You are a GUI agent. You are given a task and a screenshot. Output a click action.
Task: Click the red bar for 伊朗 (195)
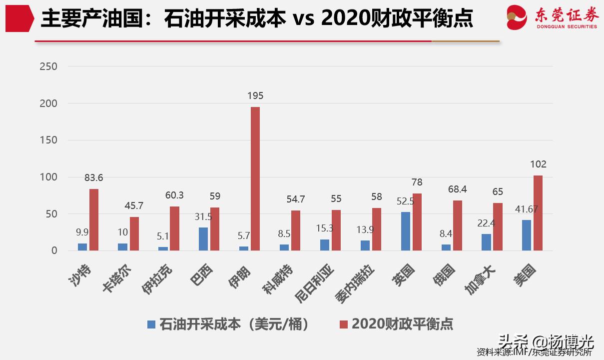tap(255, 178)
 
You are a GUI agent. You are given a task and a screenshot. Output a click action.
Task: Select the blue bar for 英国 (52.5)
tap(405, 231)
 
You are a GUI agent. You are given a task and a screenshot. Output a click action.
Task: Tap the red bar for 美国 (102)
tap(538, 213)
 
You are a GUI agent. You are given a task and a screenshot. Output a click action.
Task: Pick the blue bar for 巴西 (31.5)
tap(203, 239)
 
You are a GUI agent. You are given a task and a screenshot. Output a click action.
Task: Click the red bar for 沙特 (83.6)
tap(94, 219)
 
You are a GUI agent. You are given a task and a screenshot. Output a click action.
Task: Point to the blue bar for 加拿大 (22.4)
tap(486, 242)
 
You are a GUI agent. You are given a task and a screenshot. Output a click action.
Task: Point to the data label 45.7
tap(134, 205)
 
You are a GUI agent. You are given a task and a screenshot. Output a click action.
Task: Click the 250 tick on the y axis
tap(48, 66)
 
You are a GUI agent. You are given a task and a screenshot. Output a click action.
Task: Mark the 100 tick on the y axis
tap(48, 177)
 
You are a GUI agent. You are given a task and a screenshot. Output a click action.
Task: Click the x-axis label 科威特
tap(278, 280)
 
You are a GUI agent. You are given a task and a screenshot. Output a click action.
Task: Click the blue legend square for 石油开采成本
tap(151, 324)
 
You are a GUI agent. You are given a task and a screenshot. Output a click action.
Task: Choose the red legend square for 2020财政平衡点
tap(343, 324)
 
